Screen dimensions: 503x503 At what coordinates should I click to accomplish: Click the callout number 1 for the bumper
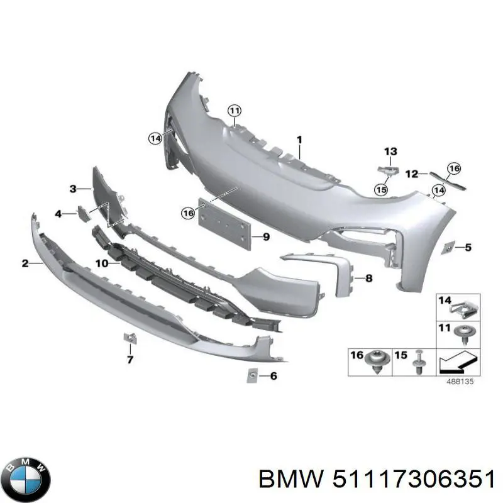300,139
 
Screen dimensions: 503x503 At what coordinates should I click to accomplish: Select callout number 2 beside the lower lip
25,263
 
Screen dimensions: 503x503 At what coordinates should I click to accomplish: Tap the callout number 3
72,189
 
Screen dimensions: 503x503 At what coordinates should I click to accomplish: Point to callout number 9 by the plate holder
58,214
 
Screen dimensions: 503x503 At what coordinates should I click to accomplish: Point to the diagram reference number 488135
462,380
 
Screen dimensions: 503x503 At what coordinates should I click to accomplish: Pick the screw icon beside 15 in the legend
416,362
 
